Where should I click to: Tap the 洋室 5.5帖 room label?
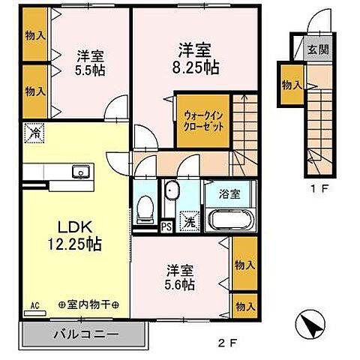click(90, 64)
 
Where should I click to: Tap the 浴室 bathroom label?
click(230, 193)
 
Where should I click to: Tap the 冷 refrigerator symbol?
click(33, 133)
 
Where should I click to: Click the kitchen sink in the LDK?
click(79, 174)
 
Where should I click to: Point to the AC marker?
click(34, 307)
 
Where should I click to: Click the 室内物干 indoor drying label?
click(94, 305)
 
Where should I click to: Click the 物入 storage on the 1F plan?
click(292, 85)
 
